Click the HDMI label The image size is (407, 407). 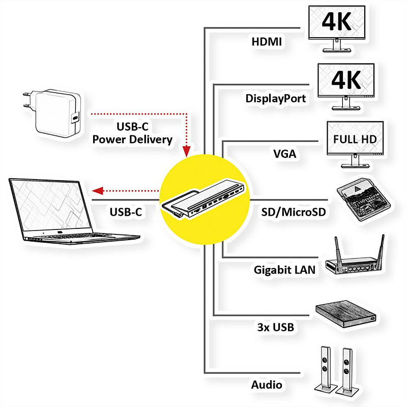tap(267, 41)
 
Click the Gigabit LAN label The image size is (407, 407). tap(285, 270)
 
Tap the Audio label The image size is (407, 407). tap(267, 385)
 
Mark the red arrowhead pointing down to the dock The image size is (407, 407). tap(187, 151)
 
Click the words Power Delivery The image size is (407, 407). tap(132, 139)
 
